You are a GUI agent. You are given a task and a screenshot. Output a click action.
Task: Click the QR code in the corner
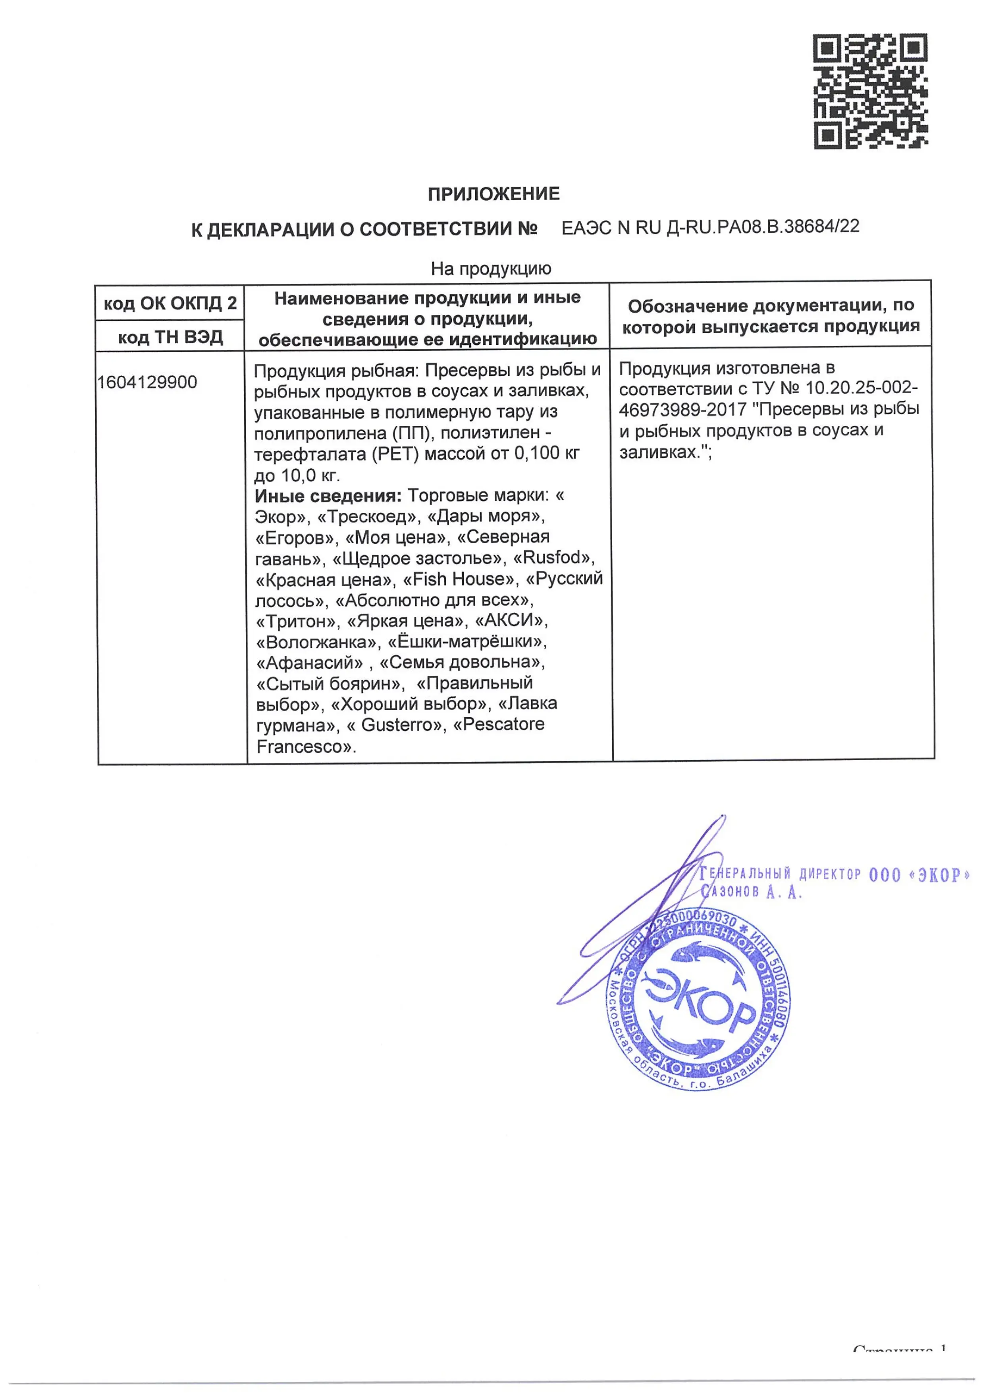(870, 91)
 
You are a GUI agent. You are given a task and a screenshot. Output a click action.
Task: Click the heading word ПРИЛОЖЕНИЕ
(493, 194)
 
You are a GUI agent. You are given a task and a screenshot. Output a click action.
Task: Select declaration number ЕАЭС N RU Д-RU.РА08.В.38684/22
(710, 227)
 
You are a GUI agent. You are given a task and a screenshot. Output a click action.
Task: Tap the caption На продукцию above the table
(491, 268)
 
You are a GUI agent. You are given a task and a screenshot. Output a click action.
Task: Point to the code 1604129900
(147, 382)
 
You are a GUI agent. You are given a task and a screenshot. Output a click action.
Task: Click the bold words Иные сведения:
(328, 496)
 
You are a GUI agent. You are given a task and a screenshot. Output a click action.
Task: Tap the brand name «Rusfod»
(553, 558)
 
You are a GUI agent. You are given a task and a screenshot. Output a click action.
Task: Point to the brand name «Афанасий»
(310, 662)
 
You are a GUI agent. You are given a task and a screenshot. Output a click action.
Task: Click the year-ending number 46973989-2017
(682, 410)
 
